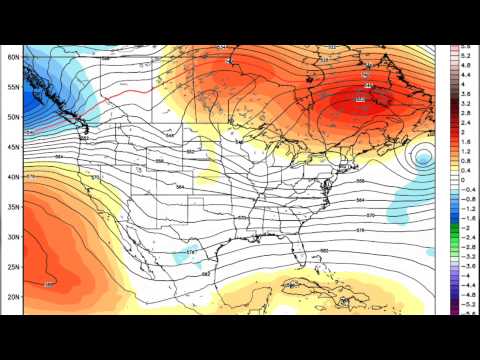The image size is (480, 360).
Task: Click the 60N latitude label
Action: click(14, 57)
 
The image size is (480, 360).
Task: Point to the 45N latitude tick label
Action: click(14, 147)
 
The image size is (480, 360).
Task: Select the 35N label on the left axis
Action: click(14, 207)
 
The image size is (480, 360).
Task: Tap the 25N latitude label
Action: click(14, 267)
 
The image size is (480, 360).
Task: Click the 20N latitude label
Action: click(14, 297)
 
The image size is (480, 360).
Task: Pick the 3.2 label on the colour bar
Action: click(466, 103)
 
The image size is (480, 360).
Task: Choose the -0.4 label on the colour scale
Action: click(466, 189)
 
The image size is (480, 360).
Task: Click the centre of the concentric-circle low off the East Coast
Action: click(424, 157)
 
